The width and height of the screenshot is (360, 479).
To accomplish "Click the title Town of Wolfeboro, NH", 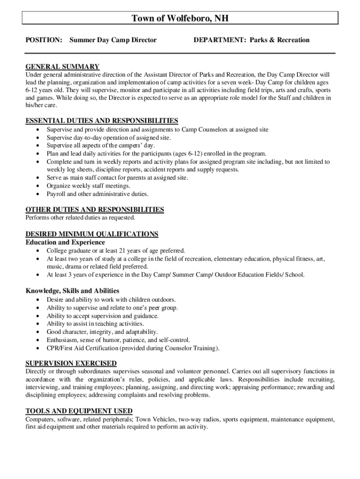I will point(180,18).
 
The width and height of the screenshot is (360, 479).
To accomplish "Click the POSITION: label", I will point(43,40).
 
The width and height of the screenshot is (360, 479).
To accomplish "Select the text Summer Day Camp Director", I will point(113,40).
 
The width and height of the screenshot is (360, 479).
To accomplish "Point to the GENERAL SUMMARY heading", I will point(62,66).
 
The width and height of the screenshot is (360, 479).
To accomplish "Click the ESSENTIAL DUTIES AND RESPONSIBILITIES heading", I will point(101,121).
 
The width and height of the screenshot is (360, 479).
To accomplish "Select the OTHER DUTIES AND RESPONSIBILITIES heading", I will point(94,210).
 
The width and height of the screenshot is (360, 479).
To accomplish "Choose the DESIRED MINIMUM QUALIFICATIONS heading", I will point(92,234).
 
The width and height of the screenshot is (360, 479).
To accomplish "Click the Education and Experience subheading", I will point(65,242).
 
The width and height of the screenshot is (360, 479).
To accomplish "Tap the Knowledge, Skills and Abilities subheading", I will point(72,290).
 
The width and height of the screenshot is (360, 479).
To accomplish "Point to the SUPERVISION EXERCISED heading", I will point(71,363).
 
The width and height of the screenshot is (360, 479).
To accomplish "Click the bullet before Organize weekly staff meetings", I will point(37,186).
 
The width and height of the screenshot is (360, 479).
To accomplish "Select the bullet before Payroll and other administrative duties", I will point(37,194).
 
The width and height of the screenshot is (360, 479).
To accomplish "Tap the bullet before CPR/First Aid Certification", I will point(37,348).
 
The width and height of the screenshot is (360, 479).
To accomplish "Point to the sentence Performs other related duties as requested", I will point(80,218).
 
